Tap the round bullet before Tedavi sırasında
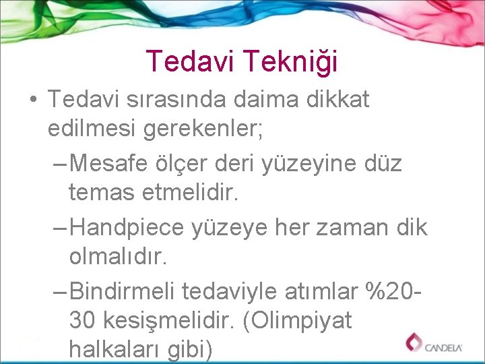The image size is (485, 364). [x=33, y=100]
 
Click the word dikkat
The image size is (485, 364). [x=339, y=100]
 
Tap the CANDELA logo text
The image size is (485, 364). [x=442, y=347]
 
